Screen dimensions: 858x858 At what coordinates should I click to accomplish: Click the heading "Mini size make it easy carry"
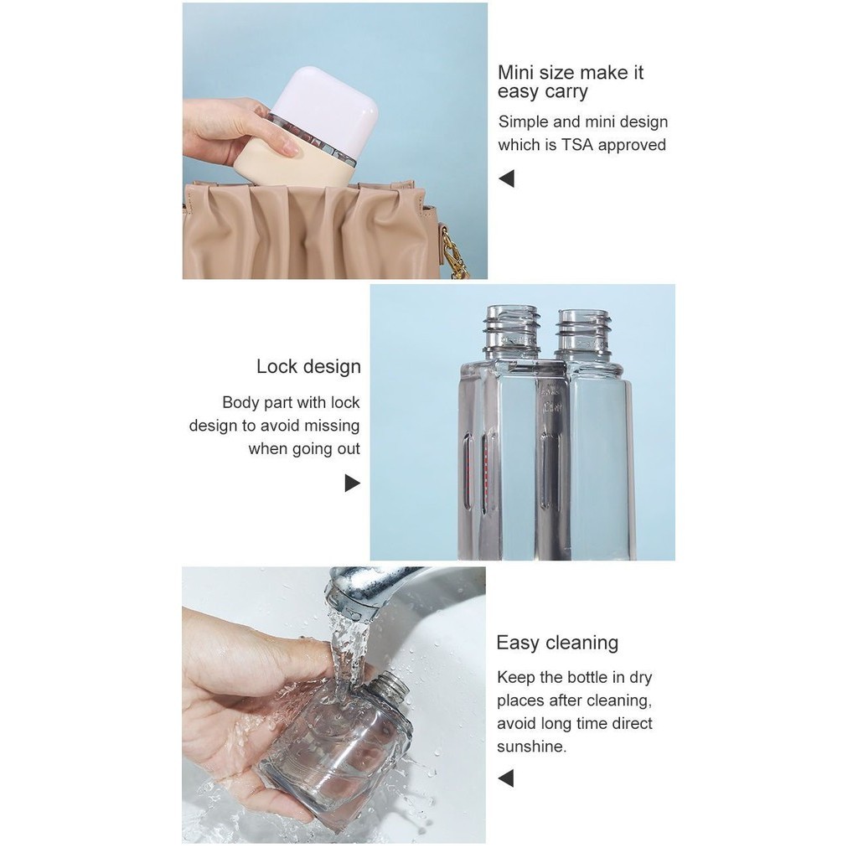click(570, 82)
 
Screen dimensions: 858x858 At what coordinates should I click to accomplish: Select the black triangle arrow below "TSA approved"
click(507, 178)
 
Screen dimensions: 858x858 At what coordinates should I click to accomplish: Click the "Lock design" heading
click(308, 367)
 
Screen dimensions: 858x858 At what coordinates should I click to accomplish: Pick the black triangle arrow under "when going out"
click(353, 483)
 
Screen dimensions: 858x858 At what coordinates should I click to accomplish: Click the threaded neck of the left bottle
click(512, 330)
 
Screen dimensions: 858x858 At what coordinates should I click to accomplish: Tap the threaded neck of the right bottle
click(582, 332)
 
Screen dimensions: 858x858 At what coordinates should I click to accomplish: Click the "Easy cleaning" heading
click(557, 643)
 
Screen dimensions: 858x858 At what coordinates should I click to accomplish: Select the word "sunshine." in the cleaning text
click(531, 747)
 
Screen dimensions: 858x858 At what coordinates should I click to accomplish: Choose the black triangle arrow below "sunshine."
click(506, 778)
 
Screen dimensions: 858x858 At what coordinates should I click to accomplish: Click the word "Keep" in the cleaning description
click(516, 678)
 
